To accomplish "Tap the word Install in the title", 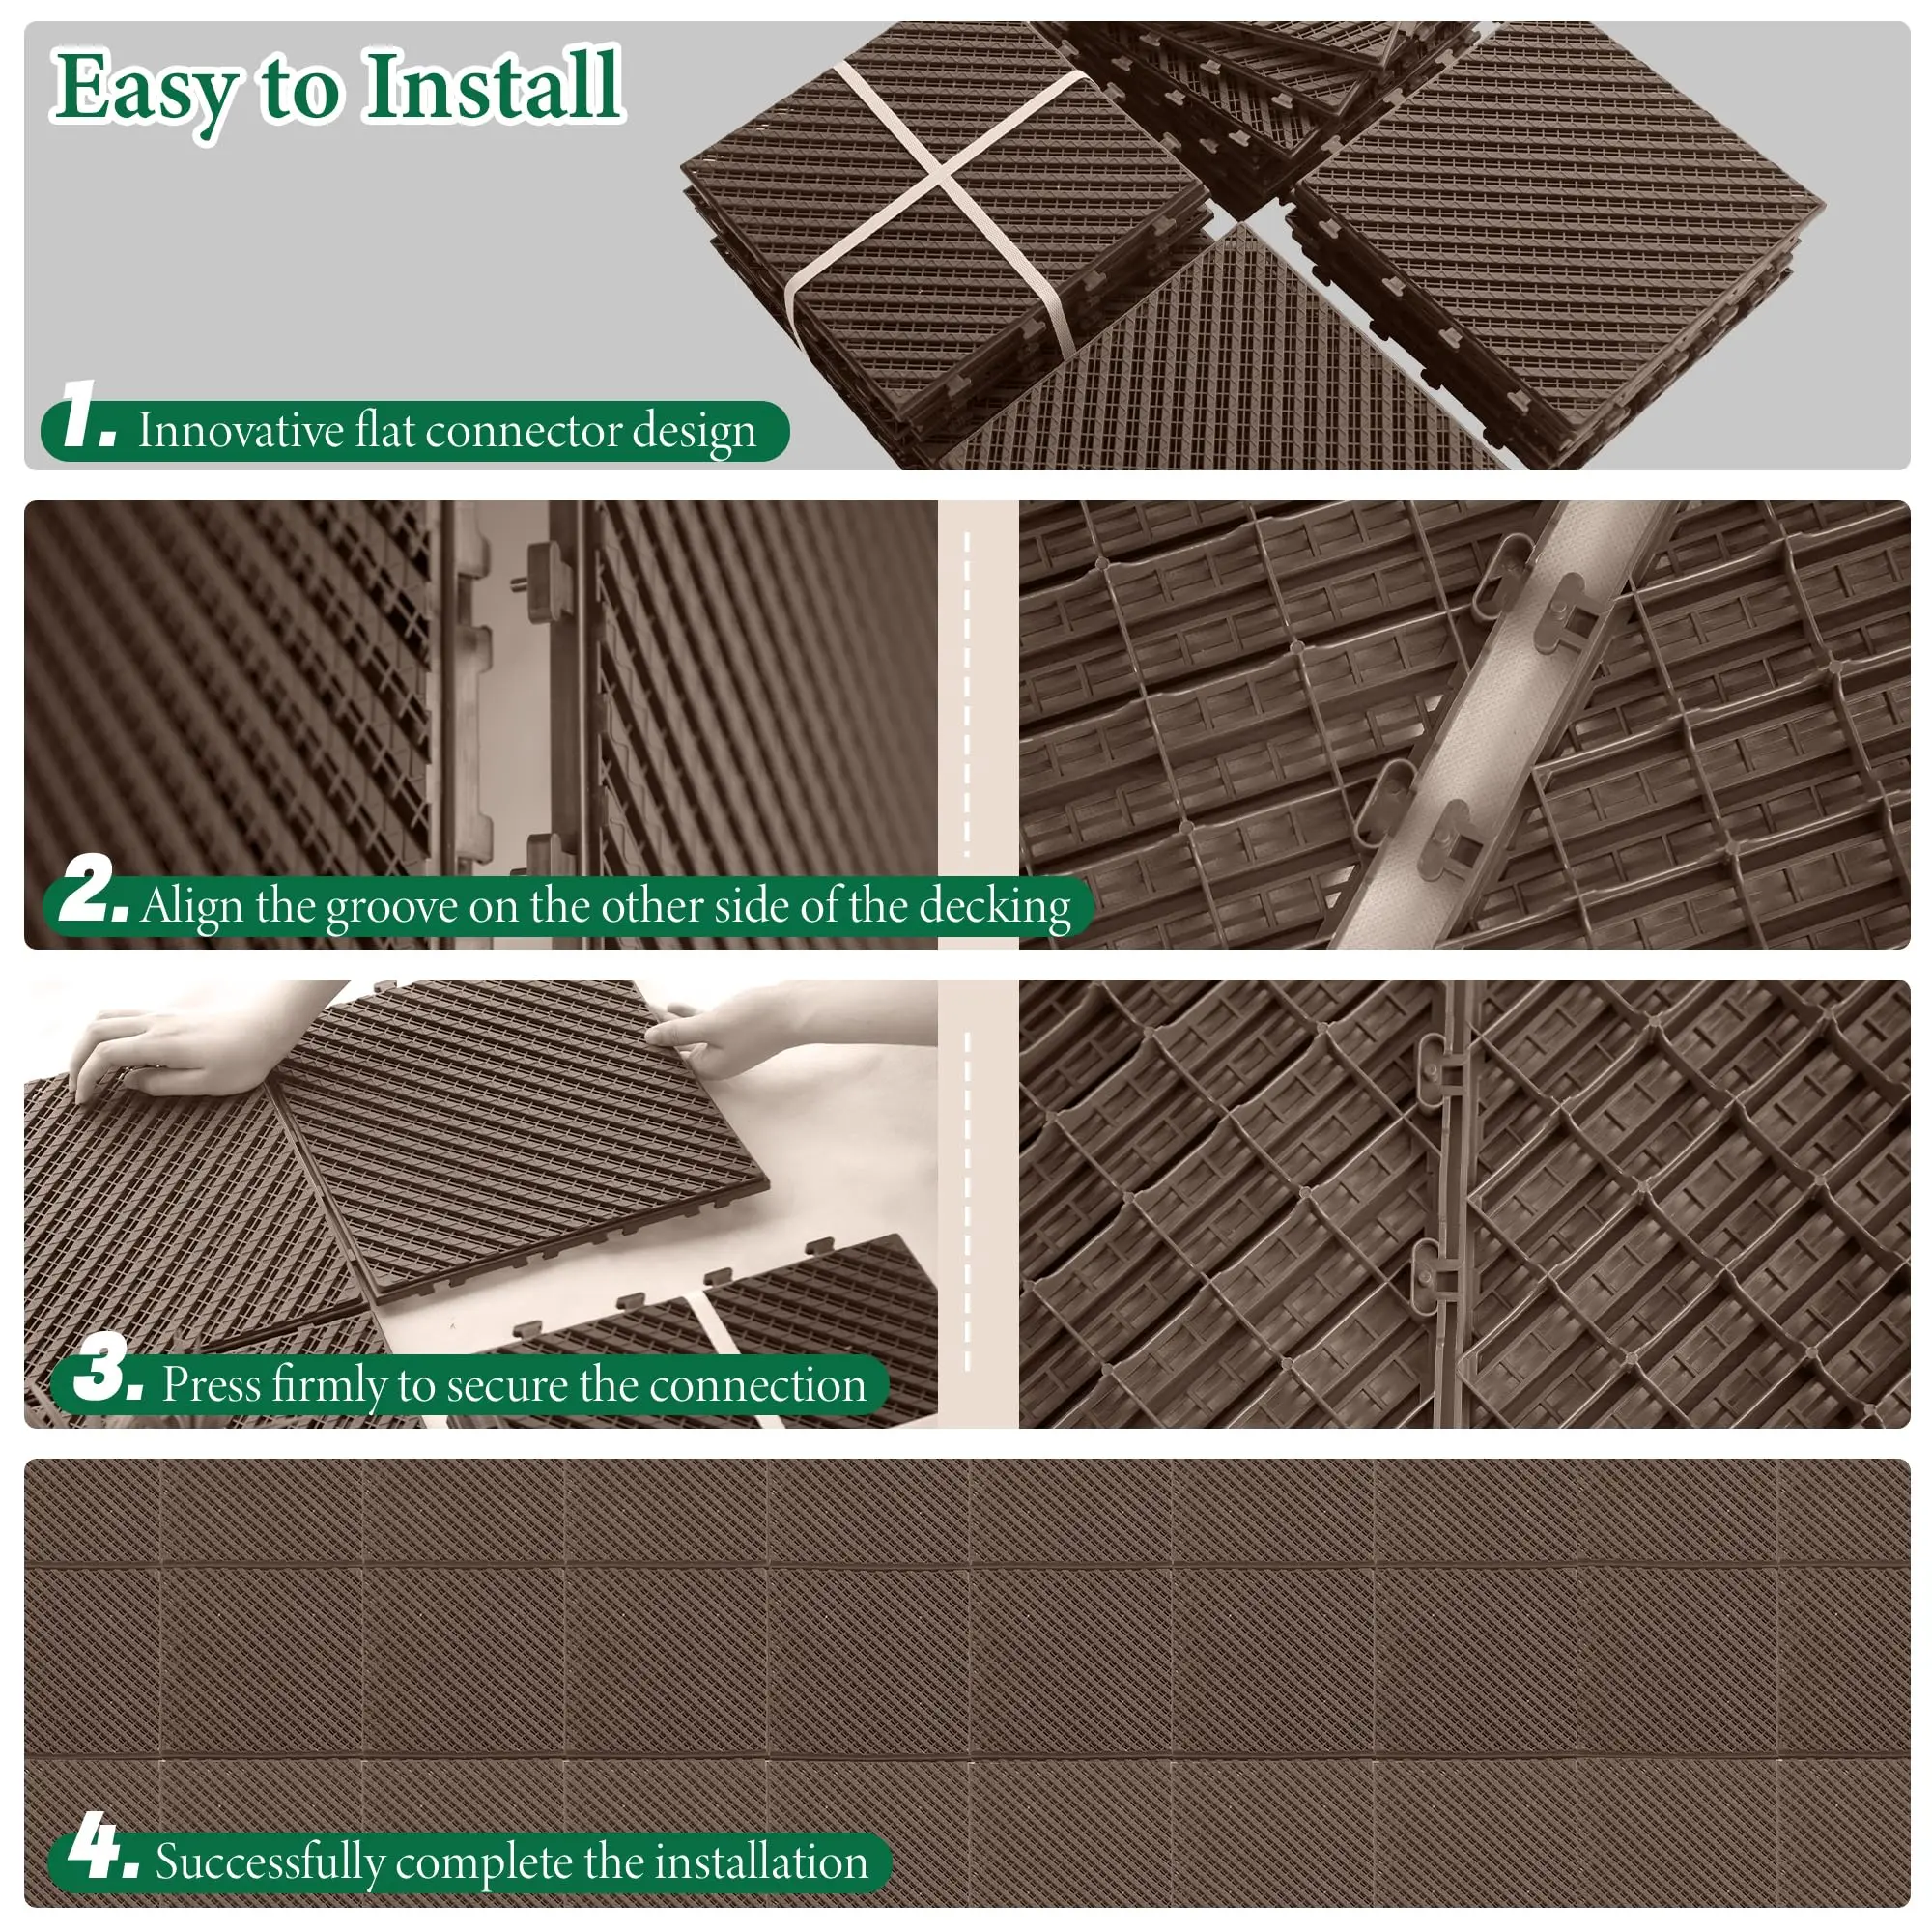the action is (493, 86).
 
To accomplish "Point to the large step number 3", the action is (108, 1367).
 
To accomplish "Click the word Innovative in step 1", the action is (241, 431).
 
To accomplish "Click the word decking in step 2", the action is (995, 907).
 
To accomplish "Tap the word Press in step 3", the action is (211, 1385).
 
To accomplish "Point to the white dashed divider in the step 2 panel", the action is (967, 695).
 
